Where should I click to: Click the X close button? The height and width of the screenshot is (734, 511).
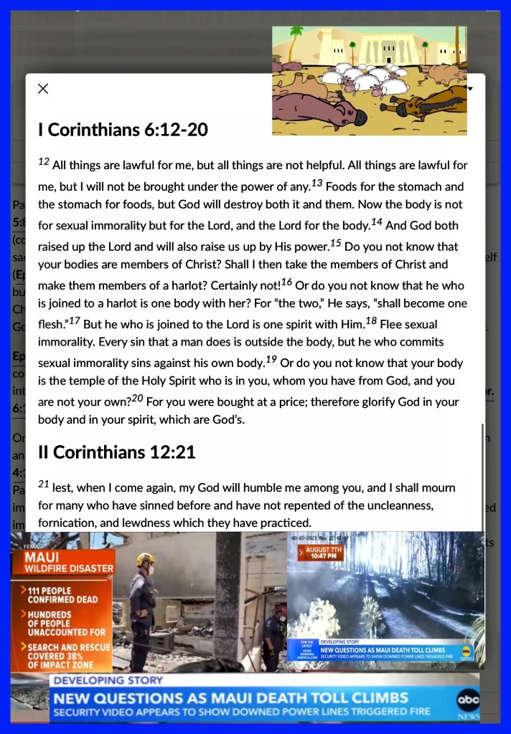[x=43, y=89]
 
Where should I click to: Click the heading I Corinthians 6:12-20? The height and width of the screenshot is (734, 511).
[x=123, y=130]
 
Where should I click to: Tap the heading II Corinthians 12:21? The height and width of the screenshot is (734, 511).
[x=116, y=452]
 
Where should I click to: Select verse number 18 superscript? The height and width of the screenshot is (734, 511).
[x=371, y=320]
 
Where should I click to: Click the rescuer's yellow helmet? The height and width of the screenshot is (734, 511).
[x=146, y=558]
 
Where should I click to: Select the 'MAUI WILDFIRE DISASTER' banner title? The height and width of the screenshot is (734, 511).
[x=68, y=562]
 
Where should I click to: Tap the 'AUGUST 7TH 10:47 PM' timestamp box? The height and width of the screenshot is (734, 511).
[x=324, y=553]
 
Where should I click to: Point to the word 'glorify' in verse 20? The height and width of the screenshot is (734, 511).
[x=387, y=401]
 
